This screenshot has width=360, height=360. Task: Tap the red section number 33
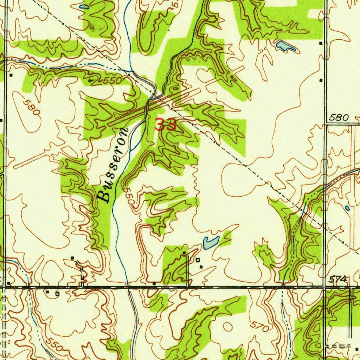tap(165, 125)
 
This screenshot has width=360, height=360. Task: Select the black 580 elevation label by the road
tap(339, 117)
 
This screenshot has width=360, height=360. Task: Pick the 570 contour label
tap(261, 327)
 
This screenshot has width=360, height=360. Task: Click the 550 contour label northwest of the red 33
tap(112, 80)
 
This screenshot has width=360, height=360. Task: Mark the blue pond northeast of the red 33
tap(285, 46)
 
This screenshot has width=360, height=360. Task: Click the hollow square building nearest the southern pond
tap(198, 260)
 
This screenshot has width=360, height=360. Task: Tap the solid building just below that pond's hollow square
tap(201, 267)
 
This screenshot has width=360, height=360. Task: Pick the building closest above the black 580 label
tap(321, 81)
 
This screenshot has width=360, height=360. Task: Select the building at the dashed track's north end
tap(72, 258)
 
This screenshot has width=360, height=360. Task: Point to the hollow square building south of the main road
tap(57, 293)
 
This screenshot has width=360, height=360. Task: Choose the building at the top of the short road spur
tap(184, 253)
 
